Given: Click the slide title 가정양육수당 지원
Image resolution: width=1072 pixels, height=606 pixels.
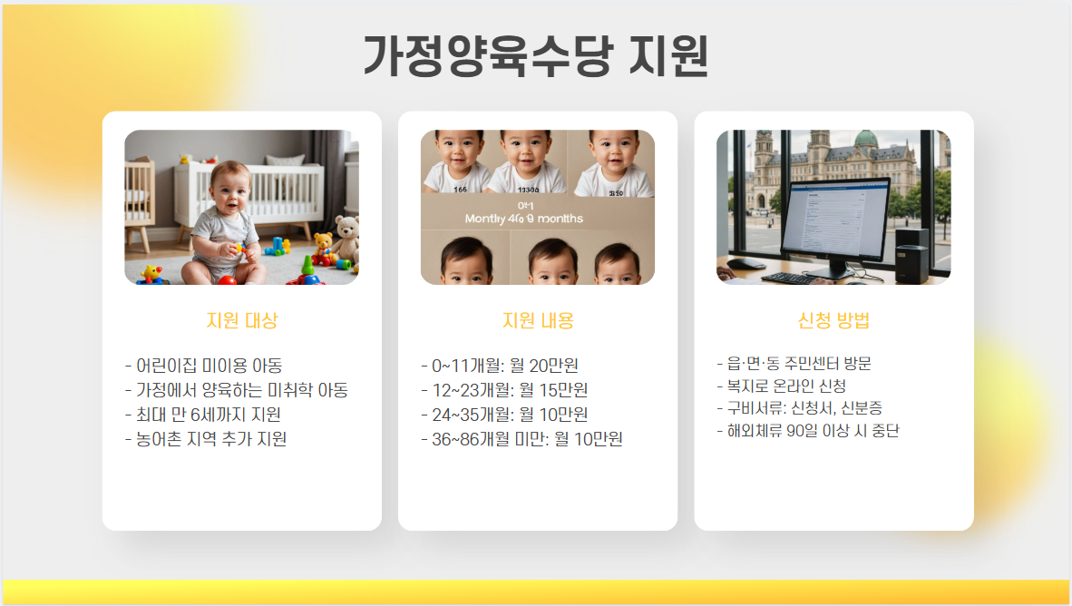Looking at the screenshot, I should pyautogui.click(x=535, y=56).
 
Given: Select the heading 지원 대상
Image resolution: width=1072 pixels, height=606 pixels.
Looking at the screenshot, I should pyautogui.click(x=241, y=320).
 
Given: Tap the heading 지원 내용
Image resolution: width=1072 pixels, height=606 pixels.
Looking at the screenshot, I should pyautogui.click(x=538, y=320).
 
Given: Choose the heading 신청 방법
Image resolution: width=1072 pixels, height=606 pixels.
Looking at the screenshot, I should pyautogui.click(x=833, y=320).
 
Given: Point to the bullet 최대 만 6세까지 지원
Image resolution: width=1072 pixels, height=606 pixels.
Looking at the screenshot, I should pyautogui.click(x=202, y=415).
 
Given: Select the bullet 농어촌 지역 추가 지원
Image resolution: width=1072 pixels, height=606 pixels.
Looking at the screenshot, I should pyautogui.click(x=205, y=439).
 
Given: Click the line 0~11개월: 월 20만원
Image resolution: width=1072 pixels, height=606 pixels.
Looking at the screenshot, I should pyautogui.click(x=500, y=366).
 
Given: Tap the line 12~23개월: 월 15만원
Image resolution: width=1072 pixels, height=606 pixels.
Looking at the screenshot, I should pyautogui.click(x=504, y=390).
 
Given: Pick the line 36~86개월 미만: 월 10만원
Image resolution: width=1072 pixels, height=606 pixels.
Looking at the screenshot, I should pyautogui.click(x=521, y=439).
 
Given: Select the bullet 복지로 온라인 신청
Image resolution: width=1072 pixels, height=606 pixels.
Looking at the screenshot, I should pyautogui.click(x=780, y=386).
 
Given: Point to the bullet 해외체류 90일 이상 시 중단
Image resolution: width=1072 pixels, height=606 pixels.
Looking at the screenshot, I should pyautogui.click(x=806, y=430).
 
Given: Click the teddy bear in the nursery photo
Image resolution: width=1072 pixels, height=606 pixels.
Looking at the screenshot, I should pyautogui.click(x=345, y=239).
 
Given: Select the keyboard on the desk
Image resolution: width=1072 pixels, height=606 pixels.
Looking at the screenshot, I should pyautogui.click(x=794, y=278).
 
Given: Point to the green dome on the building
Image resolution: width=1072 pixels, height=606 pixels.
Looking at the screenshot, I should pyautogui.click(x=866, y=138).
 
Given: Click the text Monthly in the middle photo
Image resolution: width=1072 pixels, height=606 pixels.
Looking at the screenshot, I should pyautogui.click(x=491, y=219).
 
